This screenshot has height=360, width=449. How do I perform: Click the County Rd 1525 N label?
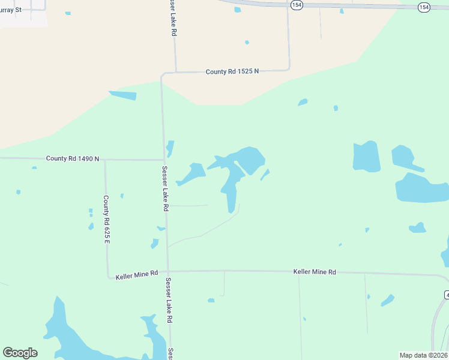(x=232, y=71)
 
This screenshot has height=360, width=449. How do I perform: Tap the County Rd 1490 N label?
(x=72, y=158)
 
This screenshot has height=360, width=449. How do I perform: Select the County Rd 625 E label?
(x=106, y=220)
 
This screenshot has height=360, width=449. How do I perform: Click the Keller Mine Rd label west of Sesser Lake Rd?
(x=137, y=273)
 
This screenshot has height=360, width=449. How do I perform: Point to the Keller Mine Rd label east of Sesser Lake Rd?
(x=315, y=272)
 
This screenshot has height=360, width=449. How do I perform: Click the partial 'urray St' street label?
(x=11, y=10)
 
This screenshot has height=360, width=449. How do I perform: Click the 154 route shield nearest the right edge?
(x=424, y=7)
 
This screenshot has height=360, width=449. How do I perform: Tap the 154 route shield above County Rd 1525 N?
(x=295, y=4)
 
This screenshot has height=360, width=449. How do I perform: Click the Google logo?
(x=20, y=353)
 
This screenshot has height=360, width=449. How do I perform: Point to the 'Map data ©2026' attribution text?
(x=423, y=355)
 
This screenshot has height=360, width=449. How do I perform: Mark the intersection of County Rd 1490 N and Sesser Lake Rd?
(x=164, y=160)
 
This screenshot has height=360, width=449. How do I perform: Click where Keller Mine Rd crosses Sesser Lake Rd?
(x=168, y=271)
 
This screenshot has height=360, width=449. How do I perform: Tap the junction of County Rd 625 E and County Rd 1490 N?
(x=105, y=159)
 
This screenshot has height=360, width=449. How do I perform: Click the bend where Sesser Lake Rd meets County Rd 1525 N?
(x=162, y=74)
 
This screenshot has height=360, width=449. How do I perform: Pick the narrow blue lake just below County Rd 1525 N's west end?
(x=123, y=95)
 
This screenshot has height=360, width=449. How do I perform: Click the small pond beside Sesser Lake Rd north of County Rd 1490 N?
(x=170, y=148)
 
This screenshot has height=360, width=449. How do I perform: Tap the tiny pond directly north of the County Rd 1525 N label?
(x=247, y=42)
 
